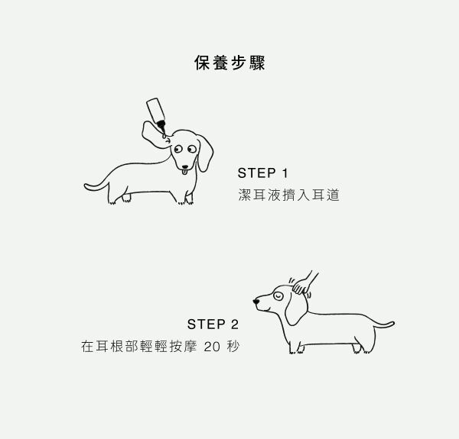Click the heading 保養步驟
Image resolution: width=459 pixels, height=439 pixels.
[229, 63]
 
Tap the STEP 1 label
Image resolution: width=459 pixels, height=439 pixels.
[262, 173]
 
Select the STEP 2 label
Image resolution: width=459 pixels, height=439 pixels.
[213, 324]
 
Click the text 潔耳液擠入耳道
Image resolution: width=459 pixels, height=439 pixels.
[288, 195]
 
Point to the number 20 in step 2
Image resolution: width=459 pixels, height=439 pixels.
[212, 347]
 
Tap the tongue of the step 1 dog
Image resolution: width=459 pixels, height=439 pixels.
[184, 172]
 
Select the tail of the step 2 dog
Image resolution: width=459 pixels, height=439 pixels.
[384, 324]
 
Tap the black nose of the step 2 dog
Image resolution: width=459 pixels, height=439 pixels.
[256, 302]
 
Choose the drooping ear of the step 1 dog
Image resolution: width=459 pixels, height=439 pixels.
[205, 153]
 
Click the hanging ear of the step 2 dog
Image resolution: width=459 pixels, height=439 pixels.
[296, 308]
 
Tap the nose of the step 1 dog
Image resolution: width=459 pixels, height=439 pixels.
[184, 166]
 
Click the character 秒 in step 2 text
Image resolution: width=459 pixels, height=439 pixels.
[233, 347]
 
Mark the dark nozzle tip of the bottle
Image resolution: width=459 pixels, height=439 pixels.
[161, 126]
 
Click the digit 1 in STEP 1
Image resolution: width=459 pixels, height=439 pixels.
[285, 173]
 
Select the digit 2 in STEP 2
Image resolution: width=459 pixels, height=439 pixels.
[235, 324]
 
